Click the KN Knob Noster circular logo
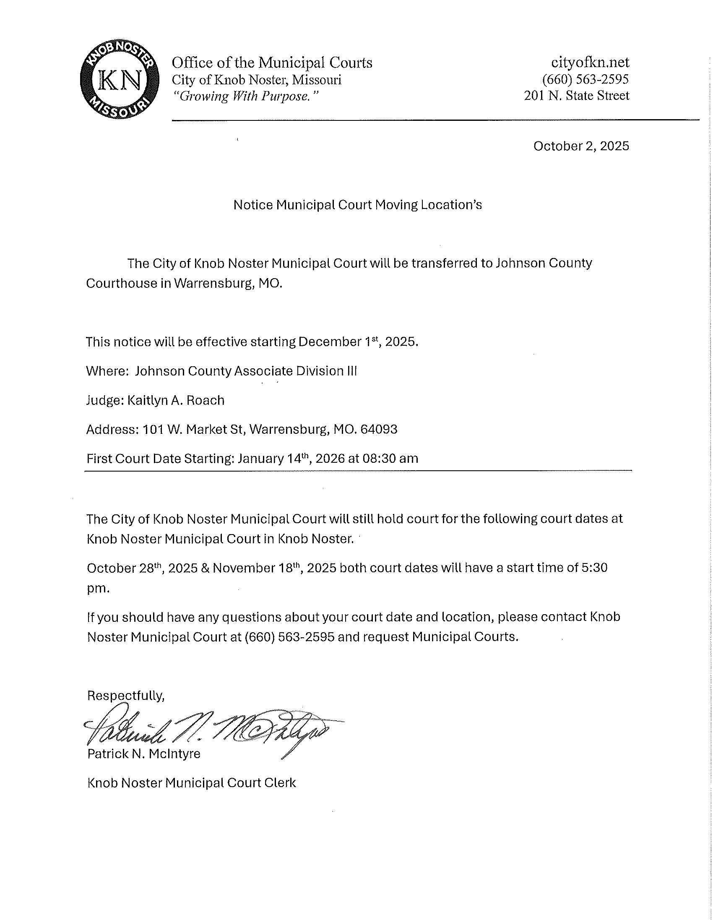(x=120, y=80)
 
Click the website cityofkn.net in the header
(x=590, y=63)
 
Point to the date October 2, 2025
(x=581, y=146)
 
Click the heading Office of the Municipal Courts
(x=272, y=63)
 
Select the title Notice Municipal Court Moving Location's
(x=357, y=205)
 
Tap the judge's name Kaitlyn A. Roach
(x=176, y=400)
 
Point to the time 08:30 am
(x=390, y=459)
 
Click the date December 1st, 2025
(x=358, y=342)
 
